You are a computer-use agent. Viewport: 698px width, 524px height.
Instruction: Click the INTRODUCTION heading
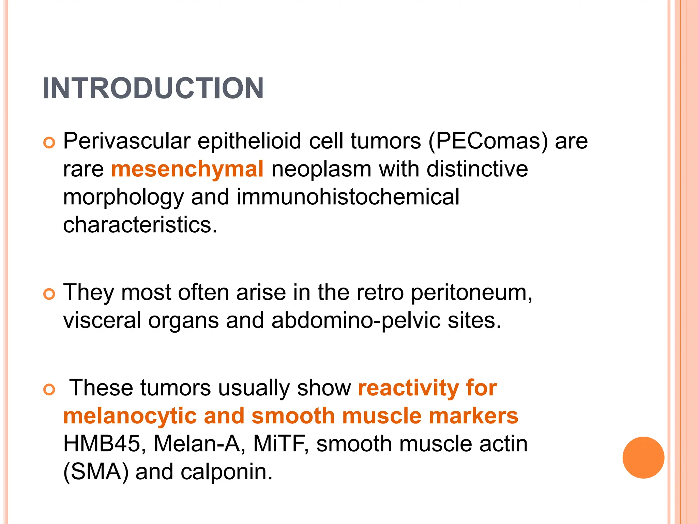[153, 88]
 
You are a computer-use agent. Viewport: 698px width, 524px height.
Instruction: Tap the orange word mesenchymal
[187, 169]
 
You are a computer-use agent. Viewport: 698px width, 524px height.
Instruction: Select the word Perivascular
[126, 141]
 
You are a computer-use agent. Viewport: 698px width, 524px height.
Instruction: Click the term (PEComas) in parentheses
[488, 141]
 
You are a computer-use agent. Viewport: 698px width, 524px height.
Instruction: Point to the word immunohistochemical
[348, 197]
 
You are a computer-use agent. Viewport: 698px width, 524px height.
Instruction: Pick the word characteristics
[140, 225]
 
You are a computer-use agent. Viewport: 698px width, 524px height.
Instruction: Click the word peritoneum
[471, 293]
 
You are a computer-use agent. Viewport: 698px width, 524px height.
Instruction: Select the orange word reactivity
[408, 388]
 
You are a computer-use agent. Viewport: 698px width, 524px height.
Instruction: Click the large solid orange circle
[643, 457]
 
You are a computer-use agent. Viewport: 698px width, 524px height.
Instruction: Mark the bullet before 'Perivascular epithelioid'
[49, 143]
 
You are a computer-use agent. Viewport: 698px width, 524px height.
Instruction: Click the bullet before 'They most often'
[49, 294]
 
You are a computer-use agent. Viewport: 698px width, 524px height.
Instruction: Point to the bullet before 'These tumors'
[49, 389]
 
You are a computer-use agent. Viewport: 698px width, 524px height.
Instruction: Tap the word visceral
[102, 321]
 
